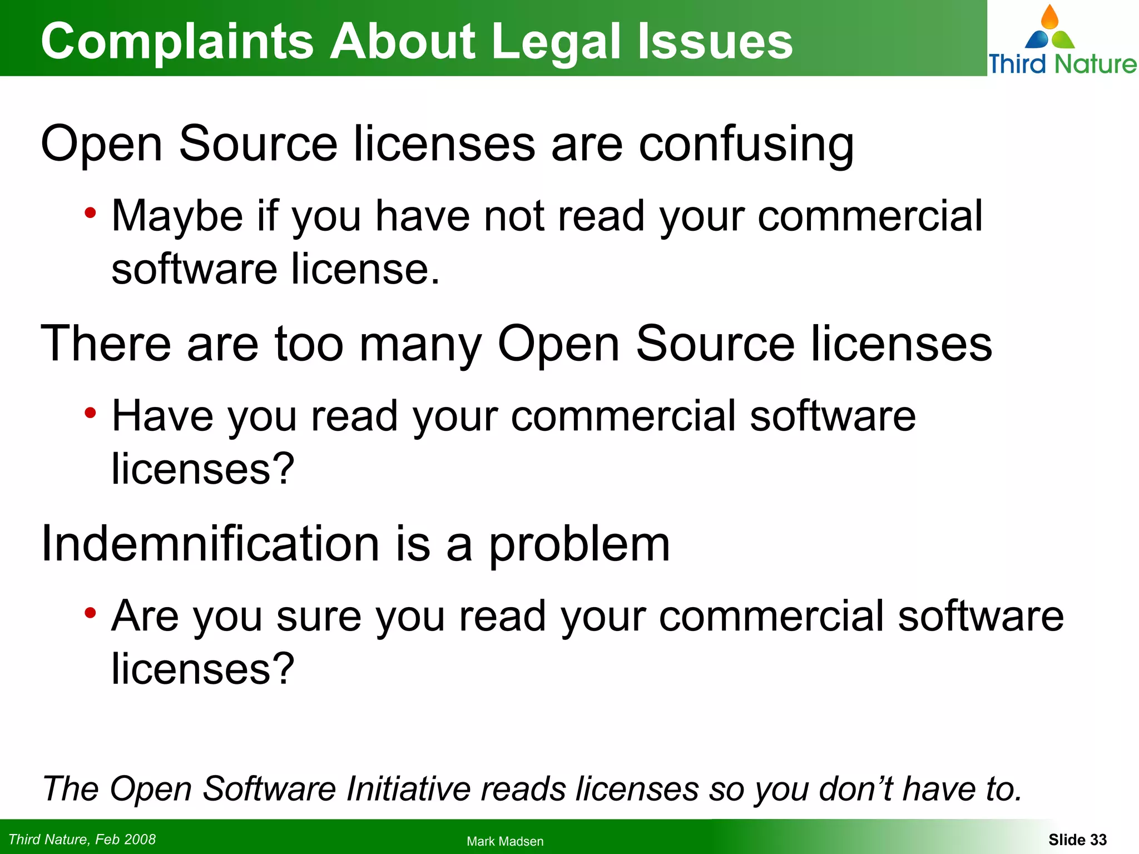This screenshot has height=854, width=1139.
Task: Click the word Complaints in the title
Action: tap(177, 41)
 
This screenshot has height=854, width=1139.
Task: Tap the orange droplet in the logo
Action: tap(1049, 17)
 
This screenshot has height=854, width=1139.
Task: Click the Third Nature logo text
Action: tap(1062, 64)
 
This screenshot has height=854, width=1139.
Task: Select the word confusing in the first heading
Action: tap(746, 145)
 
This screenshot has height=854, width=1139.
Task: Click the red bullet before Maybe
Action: tap(90, 213)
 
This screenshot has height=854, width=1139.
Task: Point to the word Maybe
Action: tap(177, 216)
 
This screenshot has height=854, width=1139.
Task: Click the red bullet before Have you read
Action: tap(90, 413)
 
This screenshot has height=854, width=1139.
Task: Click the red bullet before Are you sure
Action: tap(90, 613)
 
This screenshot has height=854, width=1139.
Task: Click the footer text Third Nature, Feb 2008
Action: tap(82, 839)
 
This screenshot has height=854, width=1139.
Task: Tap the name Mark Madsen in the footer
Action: tap(505, 841)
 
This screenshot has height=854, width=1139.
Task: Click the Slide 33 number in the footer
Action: tap(1077, 840)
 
